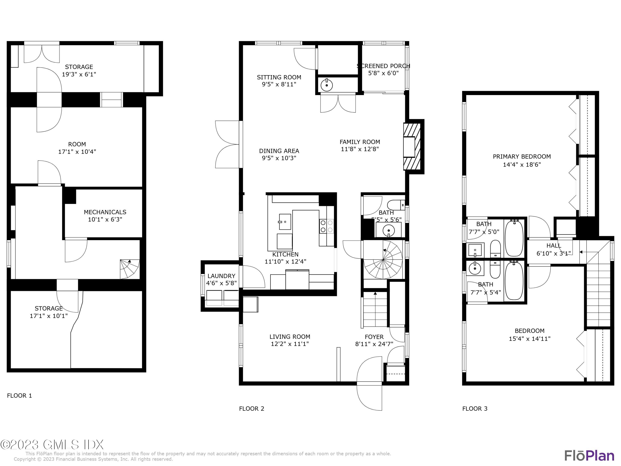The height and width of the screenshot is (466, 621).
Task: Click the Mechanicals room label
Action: (105, 212)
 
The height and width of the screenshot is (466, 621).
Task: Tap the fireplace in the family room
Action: (412, 146)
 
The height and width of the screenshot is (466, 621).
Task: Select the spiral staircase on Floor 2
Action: (383, 260)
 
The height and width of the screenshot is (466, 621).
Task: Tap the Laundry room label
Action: (221, 276)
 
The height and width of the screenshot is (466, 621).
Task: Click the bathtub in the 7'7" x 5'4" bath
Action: (514, 281)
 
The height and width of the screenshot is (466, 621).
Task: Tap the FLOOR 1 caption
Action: (19, 396)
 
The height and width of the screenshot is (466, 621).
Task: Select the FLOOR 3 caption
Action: (475, 409)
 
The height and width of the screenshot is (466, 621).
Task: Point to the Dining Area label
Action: (279, 151)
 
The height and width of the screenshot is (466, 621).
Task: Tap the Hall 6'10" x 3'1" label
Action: (554, 249)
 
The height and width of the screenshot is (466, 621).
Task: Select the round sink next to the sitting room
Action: (327, 85)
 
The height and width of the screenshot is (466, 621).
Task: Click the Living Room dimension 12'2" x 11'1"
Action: (290, 344)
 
